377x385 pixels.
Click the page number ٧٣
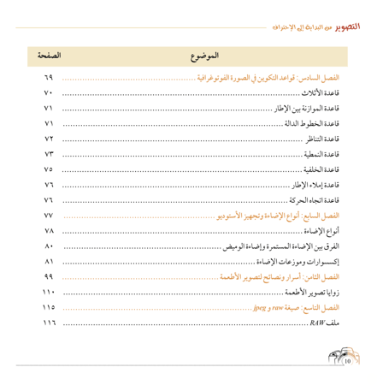(48, 155)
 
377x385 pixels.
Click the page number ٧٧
(48, 216)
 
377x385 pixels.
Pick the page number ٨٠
(48, 247)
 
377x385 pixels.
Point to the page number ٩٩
(48, 278)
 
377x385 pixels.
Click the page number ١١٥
(48, 308)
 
